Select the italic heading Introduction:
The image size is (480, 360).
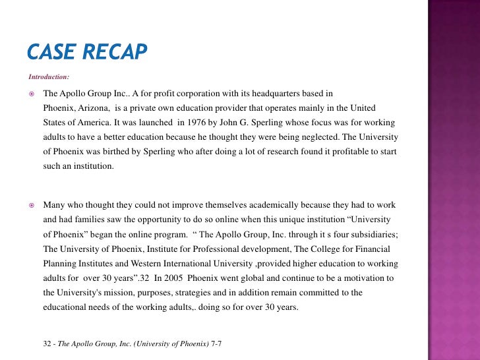49,77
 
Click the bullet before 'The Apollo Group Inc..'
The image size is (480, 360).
31,94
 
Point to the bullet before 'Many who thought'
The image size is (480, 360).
31,205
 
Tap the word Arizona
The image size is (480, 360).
97,108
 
